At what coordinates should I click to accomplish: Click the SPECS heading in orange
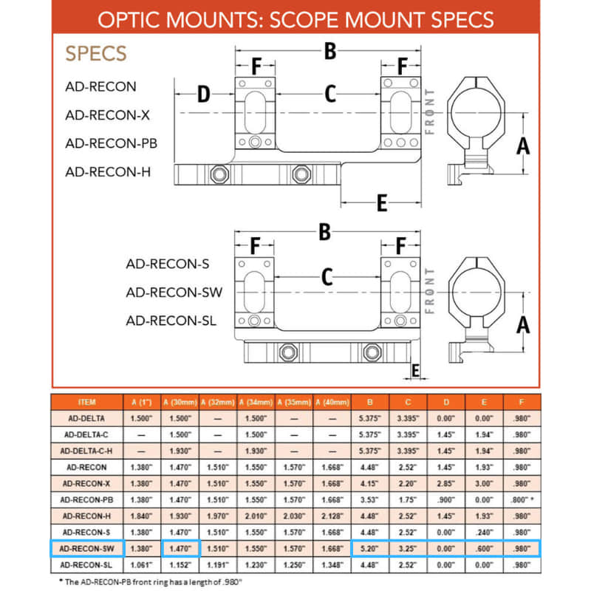click(x=95, y=53)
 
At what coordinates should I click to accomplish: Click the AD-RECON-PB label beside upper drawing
click(x=110, y=143)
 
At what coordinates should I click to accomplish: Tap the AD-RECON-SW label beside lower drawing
click(x=174, y=292)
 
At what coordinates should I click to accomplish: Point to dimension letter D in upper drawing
click(x=204, y=95)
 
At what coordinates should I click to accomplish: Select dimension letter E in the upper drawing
click(x=382, y=203)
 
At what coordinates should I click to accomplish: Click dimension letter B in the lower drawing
click(x=324, y=231)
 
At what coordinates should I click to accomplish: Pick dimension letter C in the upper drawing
click(x=330, y=94)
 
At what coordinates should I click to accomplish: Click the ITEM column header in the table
click(x=86, y=402)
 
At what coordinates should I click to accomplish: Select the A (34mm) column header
click(x=256, y=402)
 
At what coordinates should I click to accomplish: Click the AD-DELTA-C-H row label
click(x=86, y=451)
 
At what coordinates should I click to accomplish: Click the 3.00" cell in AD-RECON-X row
click(x=484, y=483)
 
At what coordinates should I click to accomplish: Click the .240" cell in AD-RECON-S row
click(x=484, y=532)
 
